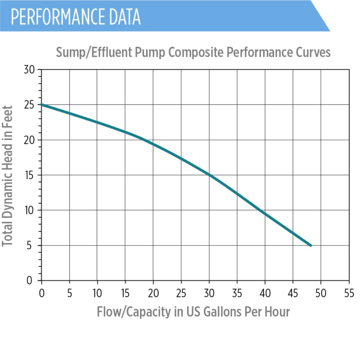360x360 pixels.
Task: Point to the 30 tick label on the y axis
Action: pos(29,70)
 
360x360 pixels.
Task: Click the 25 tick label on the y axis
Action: pos(29,105)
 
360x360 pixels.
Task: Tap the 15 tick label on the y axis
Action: pos(29,175)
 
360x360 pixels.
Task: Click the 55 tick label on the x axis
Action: pos(348,293)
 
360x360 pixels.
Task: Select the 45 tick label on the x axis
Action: pos(292,293)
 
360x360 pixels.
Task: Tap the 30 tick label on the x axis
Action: pos(209,293)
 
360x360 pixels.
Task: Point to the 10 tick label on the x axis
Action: pos(97,293)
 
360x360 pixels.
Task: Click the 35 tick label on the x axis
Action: pos(237,293)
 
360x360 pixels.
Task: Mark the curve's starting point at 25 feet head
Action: pos(42,104)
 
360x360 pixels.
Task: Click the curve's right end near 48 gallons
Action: pos(310,245)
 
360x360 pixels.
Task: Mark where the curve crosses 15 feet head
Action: pos(209,175)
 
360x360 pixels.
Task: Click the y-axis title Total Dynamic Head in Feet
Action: pos(8,175)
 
